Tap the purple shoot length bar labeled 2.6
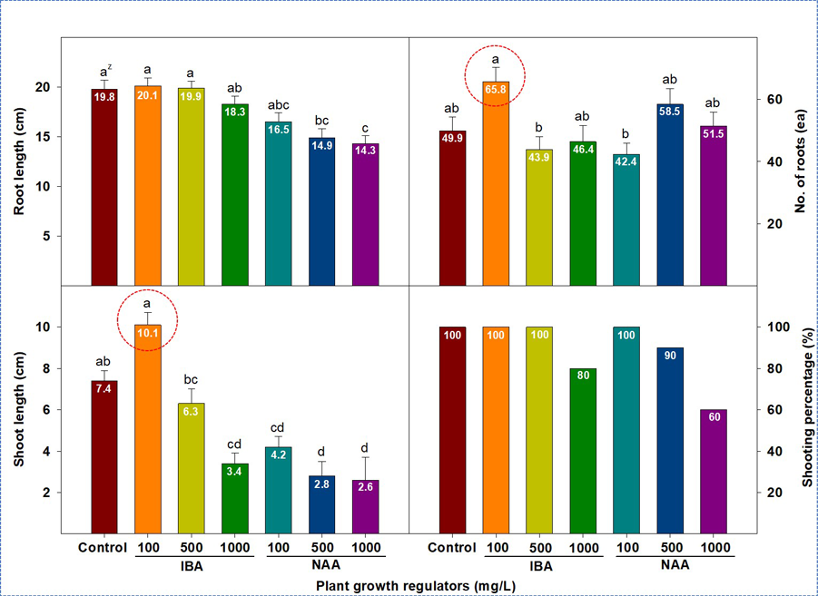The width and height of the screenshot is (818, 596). pos(364,508)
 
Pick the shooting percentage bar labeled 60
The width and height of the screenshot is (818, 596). pos(713,472)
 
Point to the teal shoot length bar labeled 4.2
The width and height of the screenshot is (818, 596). pos(278,490)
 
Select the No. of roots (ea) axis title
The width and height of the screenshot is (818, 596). pos(802,161)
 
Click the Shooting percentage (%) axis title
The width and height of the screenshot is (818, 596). pos(802,412)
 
